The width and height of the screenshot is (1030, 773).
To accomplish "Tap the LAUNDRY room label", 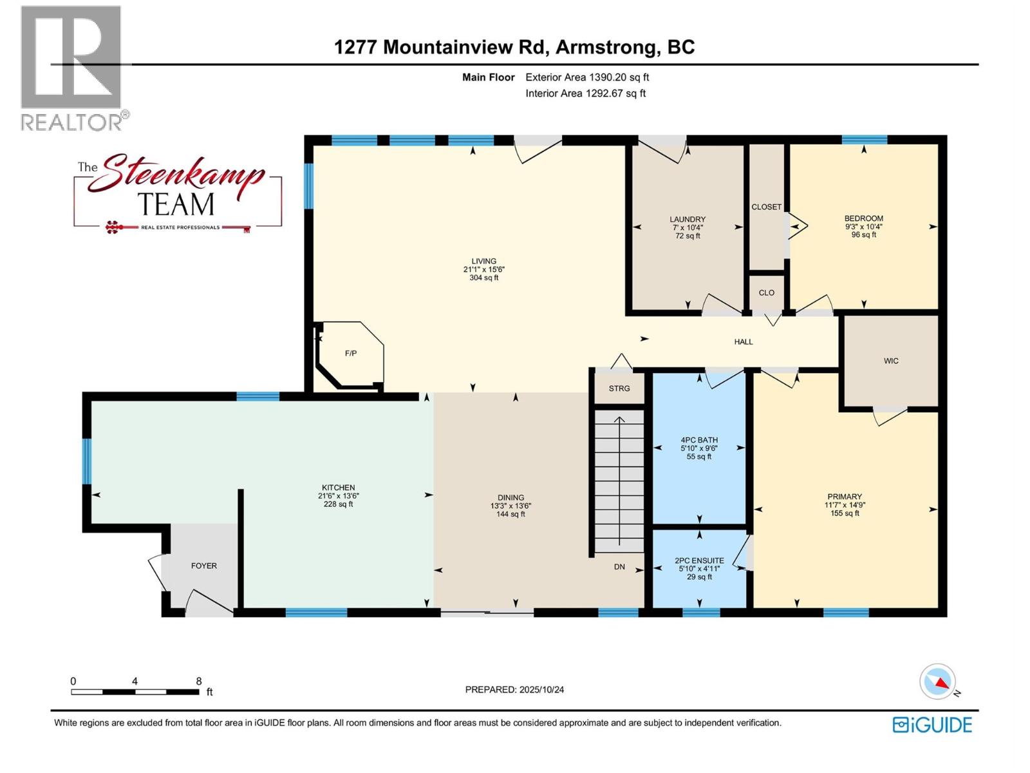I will (687, 220).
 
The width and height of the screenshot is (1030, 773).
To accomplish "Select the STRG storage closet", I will (619, 388).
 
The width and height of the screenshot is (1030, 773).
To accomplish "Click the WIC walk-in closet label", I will (890, 361).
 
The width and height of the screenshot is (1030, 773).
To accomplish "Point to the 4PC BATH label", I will (698, 440).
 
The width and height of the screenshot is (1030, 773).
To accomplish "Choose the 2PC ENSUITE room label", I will (698, 560).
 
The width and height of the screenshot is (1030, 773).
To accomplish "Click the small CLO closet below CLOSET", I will (766, 292).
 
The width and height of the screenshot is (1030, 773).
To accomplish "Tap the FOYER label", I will (203, 566).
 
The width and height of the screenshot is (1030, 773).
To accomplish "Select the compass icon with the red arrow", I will (937, 682).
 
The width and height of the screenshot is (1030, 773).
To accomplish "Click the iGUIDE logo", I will (932, 725).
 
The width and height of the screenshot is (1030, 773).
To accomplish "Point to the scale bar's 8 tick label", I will (199, 681).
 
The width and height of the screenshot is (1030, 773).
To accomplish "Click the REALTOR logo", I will (72, 68).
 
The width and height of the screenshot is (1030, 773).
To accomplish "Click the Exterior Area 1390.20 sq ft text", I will (586, 77).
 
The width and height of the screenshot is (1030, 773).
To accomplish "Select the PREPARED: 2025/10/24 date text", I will (514, 689).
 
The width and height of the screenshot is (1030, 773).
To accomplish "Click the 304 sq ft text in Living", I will (483, 278).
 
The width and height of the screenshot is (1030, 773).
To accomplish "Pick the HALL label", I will (743, 342).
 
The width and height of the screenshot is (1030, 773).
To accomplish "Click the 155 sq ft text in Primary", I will (844, 513).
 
